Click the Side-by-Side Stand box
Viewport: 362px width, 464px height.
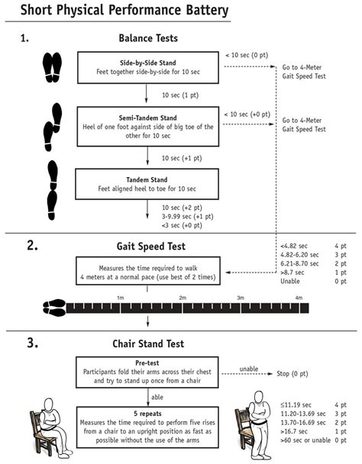point(148,67)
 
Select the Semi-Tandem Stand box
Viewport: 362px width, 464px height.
point(148,127)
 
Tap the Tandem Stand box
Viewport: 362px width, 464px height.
point(147,184)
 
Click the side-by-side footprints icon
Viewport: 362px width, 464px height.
point(53,67)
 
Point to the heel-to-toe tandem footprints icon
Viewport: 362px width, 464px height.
point(53,190)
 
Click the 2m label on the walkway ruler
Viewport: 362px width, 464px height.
point(183,298)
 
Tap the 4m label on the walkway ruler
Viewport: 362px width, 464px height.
point(299,298)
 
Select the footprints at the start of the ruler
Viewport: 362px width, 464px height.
point(54,308)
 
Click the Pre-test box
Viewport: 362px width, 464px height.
point(147,372)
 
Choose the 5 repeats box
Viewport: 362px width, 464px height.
point(147,427)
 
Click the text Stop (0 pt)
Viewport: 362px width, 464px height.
point(293,374)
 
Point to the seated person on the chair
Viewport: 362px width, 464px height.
point(50,427)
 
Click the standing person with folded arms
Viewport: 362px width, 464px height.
point(257,425)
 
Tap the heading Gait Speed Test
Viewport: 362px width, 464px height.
point(150,246)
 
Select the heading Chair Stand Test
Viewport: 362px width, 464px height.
point(148,343)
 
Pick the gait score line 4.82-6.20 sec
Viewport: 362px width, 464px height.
point(299,255)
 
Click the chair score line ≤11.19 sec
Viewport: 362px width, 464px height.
point(296,404)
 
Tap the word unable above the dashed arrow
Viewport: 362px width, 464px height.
point(249,369)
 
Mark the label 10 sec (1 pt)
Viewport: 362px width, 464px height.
point(180,95)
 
